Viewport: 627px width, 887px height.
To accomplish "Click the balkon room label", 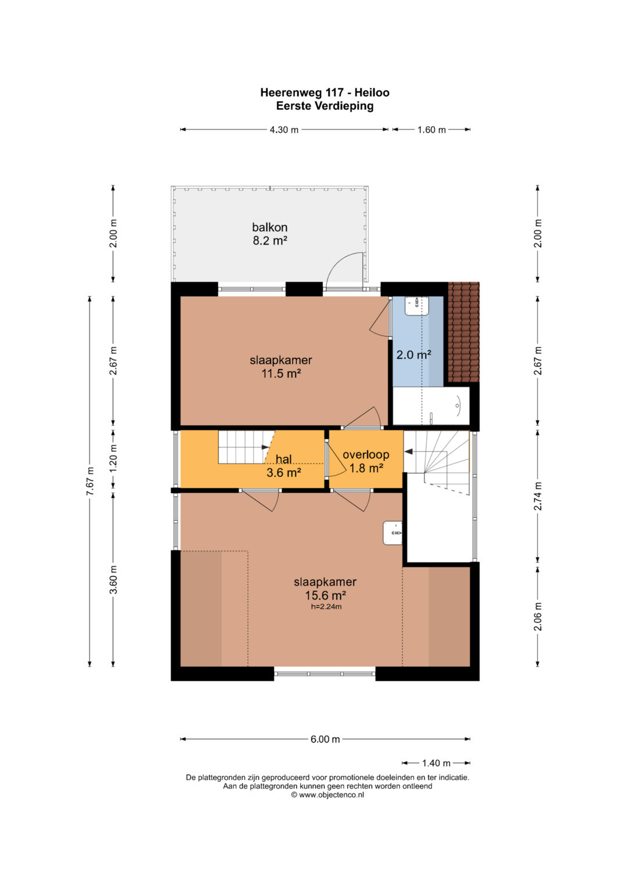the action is point(269,227).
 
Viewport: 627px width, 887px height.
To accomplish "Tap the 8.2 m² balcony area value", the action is point(270,240).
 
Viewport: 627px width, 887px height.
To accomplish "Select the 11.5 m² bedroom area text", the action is point(281,373).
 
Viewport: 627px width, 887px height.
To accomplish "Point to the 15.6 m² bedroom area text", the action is point(325,595).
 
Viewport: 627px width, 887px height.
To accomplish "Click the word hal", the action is point(283,459).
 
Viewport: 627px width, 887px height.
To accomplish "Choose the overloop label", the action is point(366,455).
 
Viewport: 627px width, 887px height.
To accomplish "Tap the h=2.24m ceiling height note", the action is point(326,606).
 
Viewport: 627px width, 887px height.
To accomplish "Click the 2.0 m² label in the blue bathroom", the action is point(413,355).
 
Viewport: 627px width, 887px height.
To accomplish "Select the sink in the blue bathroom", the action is point(416,306).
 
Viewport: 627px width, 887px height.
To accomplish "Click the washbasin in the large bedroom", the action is point(392,533).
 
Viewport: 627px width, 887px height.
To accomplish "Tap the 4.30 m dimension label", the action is point(284,130).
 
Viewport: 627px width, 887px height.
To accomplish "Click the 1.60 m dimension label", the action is point(431,130).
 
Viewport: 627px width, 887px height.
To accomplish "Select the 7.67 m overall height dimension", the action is point(91,481).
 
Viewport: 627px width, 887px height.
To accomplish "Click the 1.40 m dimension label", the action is point(436,763).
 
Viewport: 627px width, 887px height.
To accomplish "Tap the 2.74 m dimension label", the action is point(538,495).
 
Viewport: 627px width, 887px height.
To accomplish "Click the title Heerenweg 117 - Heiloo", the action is point(325,93).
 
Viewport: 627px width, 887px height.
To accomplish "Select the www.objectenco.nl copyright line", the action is point(327,795).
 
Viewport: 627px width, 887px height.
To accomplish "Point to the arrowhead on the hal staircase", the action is point(266,447).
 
